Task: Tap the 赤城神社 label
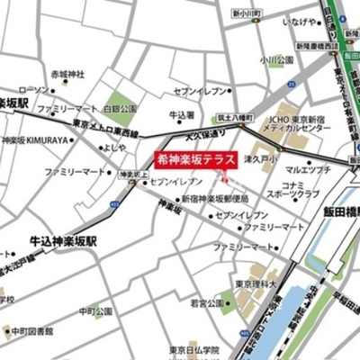point(66,72)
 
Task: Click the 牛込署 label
point(183,115)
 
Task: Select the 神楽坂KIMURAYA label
point(38,141)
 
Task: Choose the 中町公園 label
point(94,311)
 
